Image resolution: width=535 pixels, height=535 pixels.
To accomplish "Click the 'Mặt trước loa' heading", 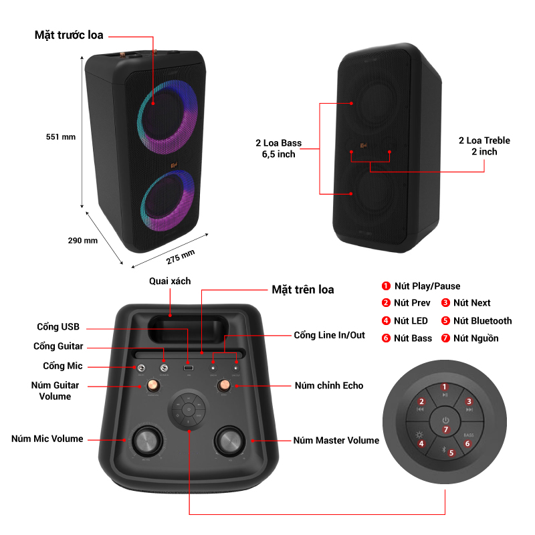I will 69,35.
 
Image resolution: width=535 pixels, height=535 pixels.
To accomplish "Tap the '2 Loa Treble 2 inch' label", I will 484,146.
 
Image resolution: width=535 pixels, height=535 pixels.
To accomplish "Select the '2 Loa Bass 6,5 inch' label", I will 278,148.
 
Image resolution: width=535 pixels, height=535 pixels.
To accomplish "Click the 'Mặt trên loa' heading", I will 302,290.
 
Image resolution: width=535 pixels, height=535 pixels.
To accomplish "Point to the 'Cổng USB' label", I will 58,327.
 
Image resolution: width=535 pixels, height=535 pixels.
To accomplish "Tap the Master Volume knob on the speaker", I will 229,441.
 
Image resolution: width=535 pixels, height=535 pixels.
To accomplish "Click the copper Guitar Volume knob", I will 152,385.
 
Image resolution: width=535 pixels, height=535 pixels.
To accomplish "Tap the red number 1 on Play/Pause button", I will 444,387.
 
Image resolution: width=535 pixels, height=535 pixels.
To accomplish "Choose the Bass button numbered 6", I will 468,443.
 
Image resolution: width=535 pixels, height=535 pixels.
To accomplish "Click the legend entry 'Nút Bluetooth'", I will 482,321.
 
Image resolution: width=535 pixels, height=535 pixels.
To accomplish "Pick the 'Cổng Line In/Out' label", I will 329,334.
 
